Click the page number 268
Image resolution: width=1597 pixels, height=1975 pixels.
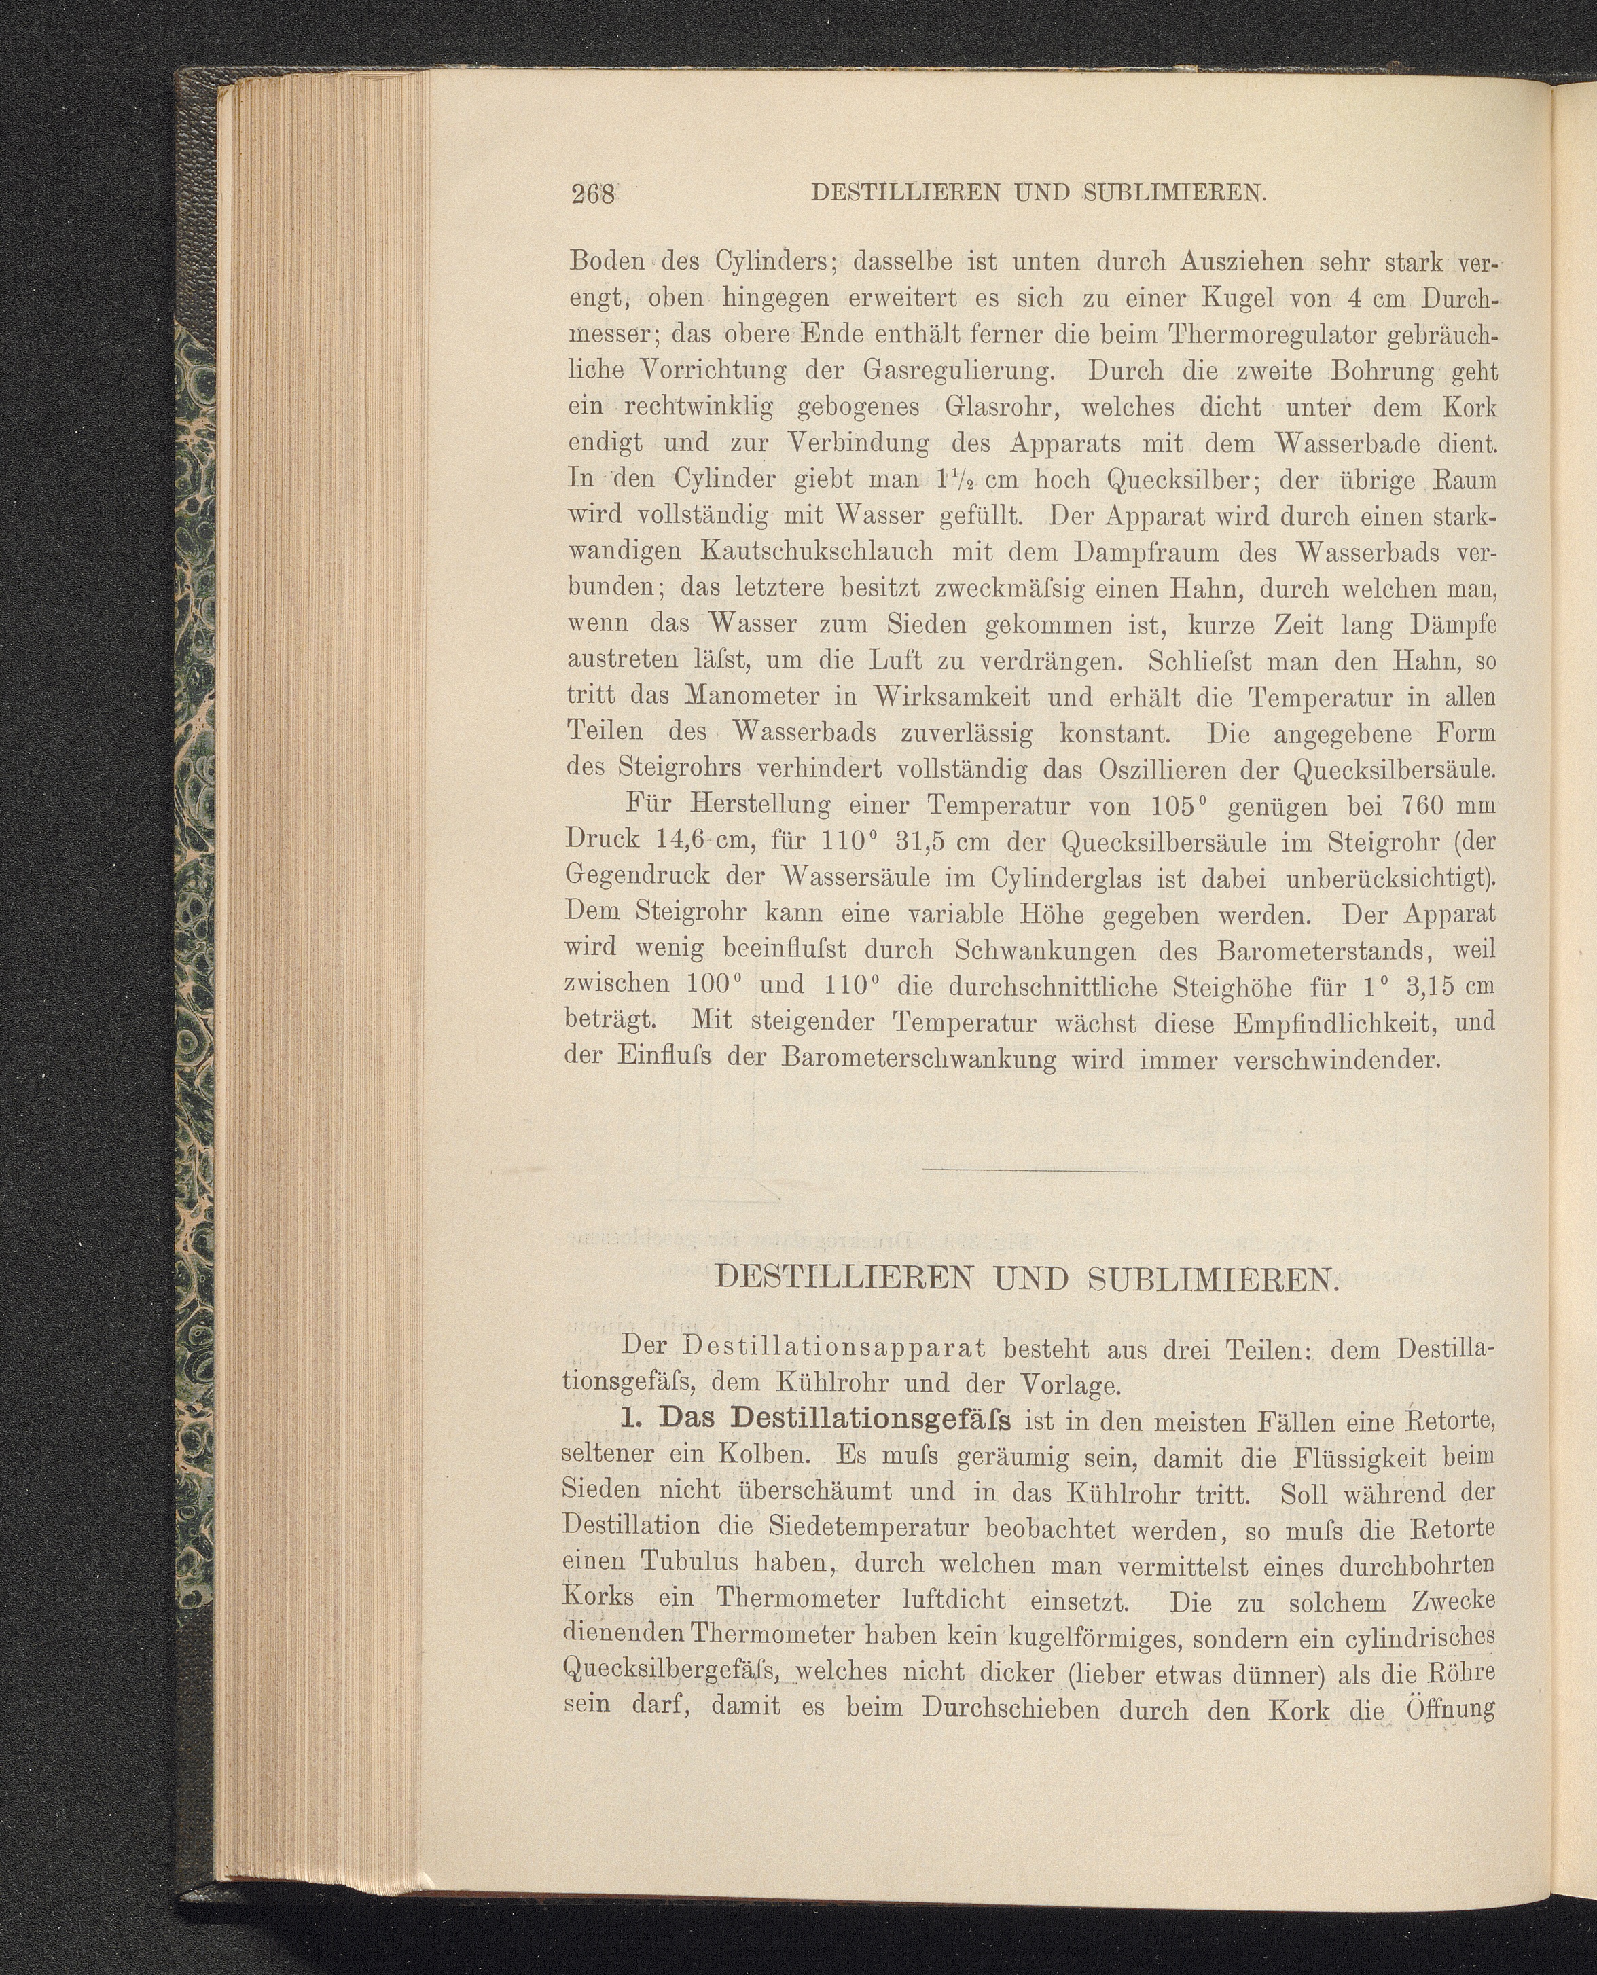point(592,194)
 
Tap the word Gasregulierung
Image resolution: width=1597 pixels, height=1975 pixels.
point(958,371)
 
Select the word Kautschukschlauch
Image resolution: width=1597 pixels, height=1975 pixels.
point(816,552)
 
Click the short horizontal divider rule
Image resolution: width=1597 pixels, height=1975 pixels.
point(1029,1171)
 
